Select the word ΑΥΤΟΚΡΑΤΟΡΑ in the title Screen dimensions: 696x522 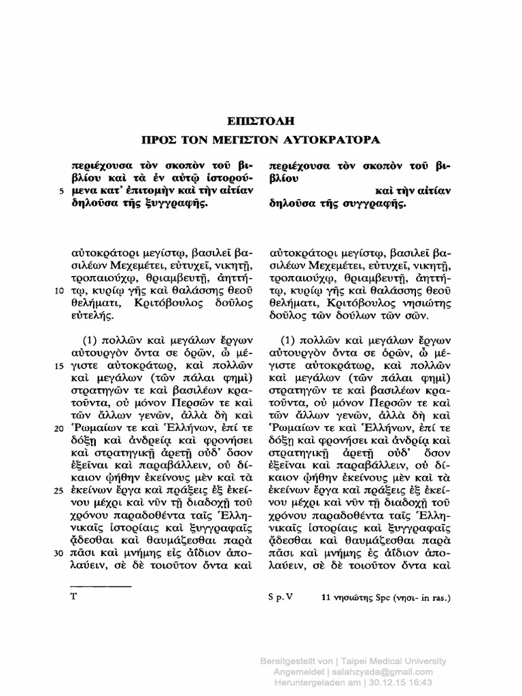click(x=334, y=140)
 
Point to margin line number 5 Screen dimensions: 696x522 click(x=62, y=191)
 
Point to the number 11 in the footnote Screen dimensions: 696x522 click(x=327, y=598)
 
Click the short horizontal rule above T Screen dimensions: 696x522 click(x=101, y=586)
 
